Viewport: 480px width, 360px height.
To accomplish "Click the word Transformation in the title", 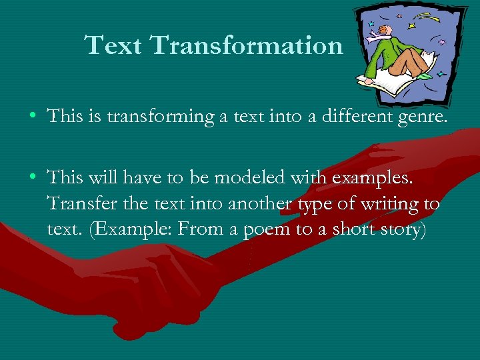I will [247, 45].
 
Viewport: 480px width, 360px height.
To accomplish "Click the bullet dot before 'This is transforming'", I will [33, 117].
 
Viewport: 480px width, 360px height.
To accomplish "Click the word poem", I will [267, 229].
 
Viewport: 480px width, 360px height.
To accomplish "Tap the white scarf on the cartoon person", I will [379, 41].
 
